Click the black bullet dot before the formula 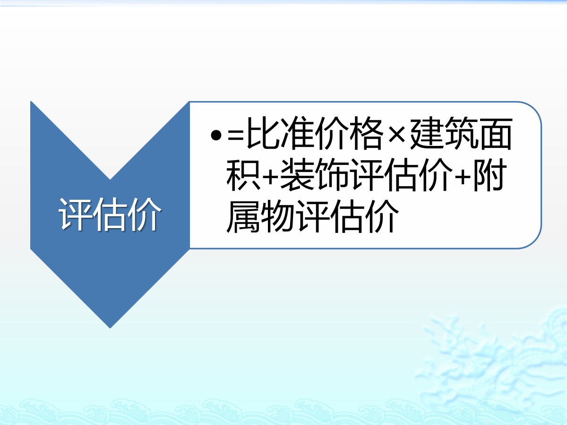[x=216, y=135]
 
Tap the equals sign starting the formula [x=236, y=136]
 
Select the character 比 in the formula [x=263, y=133]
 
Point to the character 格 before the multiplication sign [x=367, y=133]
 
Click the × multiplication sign [x=397, y=135]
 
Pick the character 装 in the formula [x=297, y=175]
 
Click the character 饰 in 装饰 [x=332, y=175]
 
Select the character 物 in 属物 [x=278, y=216]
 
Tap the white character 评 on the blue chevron [x=75, y=214]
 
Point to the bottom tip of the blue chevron [x=110, y=328]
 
